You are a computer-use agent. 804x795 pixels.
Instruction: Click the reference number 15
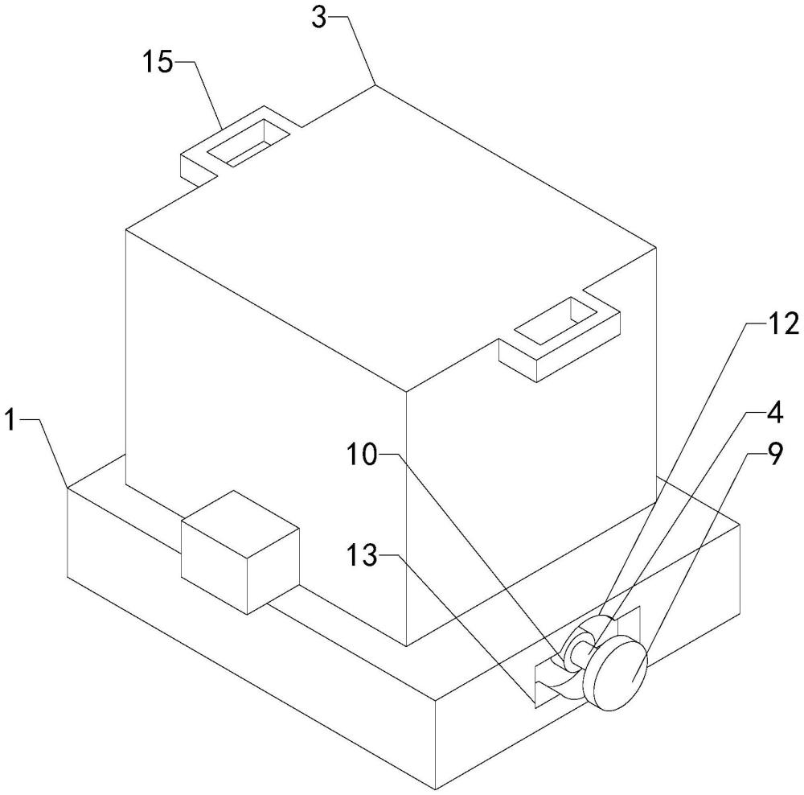click(x=158, y=63)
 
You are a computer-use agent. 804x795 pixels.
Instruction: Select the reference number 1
click(x=10, y=419)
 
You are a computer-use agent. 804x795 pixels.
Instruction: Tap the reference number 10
click(x=361, y=455)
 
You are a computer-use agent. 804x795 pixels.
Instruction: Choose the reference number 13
click(x=363, y=556)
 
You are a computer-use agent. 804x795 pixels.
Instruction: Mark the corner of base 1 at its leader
click(x=67, y=487)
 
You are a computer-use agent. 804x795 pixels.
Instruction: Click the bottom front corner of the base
click(x=435, y=787)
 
